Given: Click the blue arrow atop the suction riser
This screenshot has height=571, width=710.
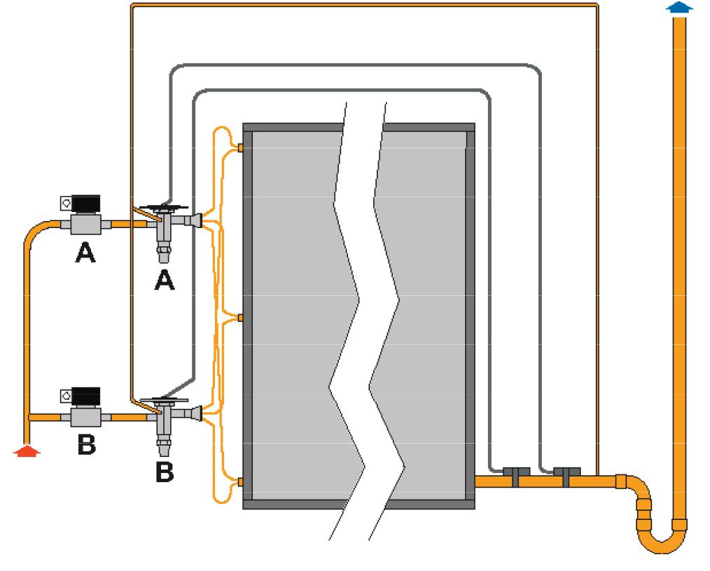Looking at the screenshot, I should pyautogui.click(x=678, y=8).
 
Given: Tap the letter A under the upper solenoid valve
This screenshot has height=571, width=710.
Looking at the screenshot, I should pyautogui.click(x=85, y=254).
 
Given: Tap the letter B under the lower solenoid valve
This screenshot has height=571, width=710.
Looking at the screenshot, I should pyautogui.click(x=85, y=446).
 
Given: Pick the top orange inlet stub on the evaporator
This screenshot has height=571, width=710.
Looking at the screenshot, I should pyautogui.click(x=240, y=148).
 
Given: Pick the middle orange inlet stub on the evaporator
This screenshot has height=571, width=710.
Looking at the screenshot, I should pyautogui.click(x=240, y=318).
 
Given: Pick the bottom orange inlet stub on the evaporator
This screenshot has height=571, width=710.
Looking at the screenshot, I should pyautogui.click(x=240, y=482).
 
